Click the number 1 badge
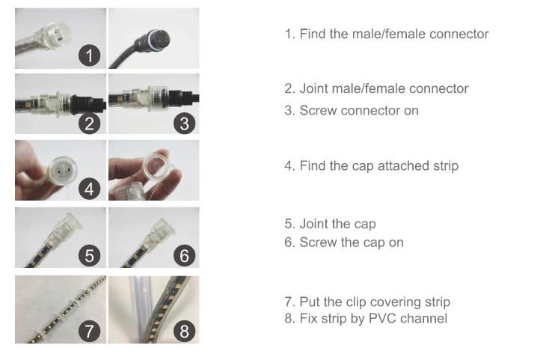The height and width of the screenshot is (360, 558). click(x=89, y=55)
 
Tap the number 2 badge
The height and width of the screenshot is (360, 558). click(x=89, y=123)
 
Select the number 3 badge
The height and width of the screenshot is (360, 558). click(x=184, y=123)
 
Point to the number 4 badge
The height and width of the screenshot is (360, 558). click(x=89, y=189)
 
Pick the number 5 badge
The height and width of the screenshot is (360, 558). click(x=89, y=255)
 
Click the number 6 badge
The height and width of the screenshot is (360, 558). click(x=184, y=255)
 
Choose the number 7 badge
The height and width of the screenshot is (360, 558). click(x=89, y=331)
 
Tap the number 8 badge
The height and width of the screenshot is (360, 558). click(x=184, y=331)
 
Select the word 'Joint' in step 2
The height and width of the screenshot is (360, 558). click(x=313, y=88)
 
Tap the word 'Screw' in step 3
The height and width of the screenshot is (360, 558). click(x=318, y=110)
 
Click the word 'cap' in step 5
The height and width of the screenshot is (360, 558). click(x=365, y=224)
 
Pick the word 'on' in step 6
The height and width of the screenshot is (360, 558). click(x=396, y=242)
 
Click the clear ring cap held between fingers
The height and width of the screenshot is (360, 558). click(x=158, y=165)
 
